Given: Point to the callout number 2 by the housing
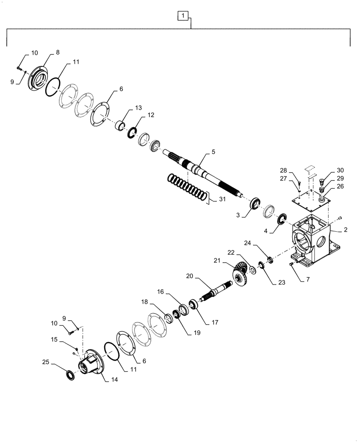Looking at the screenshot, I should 345,230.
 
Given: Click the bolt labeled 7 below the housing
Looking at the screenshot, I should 291,264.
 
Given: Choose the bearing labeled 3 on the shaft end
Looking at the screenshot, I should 256,205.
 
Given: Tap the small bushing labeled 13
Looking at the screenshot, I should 119,127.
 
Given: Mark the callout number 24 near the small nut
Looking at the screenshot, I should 247,242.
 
